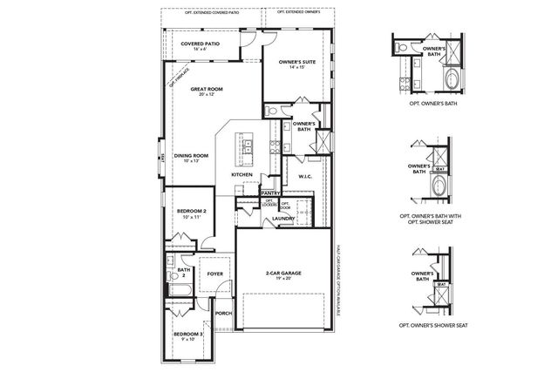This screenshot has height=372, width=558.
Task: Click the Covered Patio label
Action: click(x=200, y=44)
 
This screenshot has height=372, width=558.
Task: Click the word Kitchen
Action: click(x=242, y=174)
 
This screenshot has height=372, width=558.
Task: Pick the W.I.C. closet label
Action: click(x=305, y=175)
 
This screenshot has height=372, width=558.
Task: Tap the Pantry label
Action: click(x=269, y=193)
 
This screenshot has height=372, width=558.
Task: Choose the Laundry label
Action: click(x=284, y=218)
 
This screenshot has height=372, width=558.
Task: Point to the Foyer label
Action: click(x=214, y=272)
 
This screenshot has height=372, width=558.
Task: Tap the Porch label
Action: click(x=224, y=313)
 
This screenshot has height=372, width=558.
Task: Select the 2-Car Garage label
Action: click(x=283, y=273)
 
